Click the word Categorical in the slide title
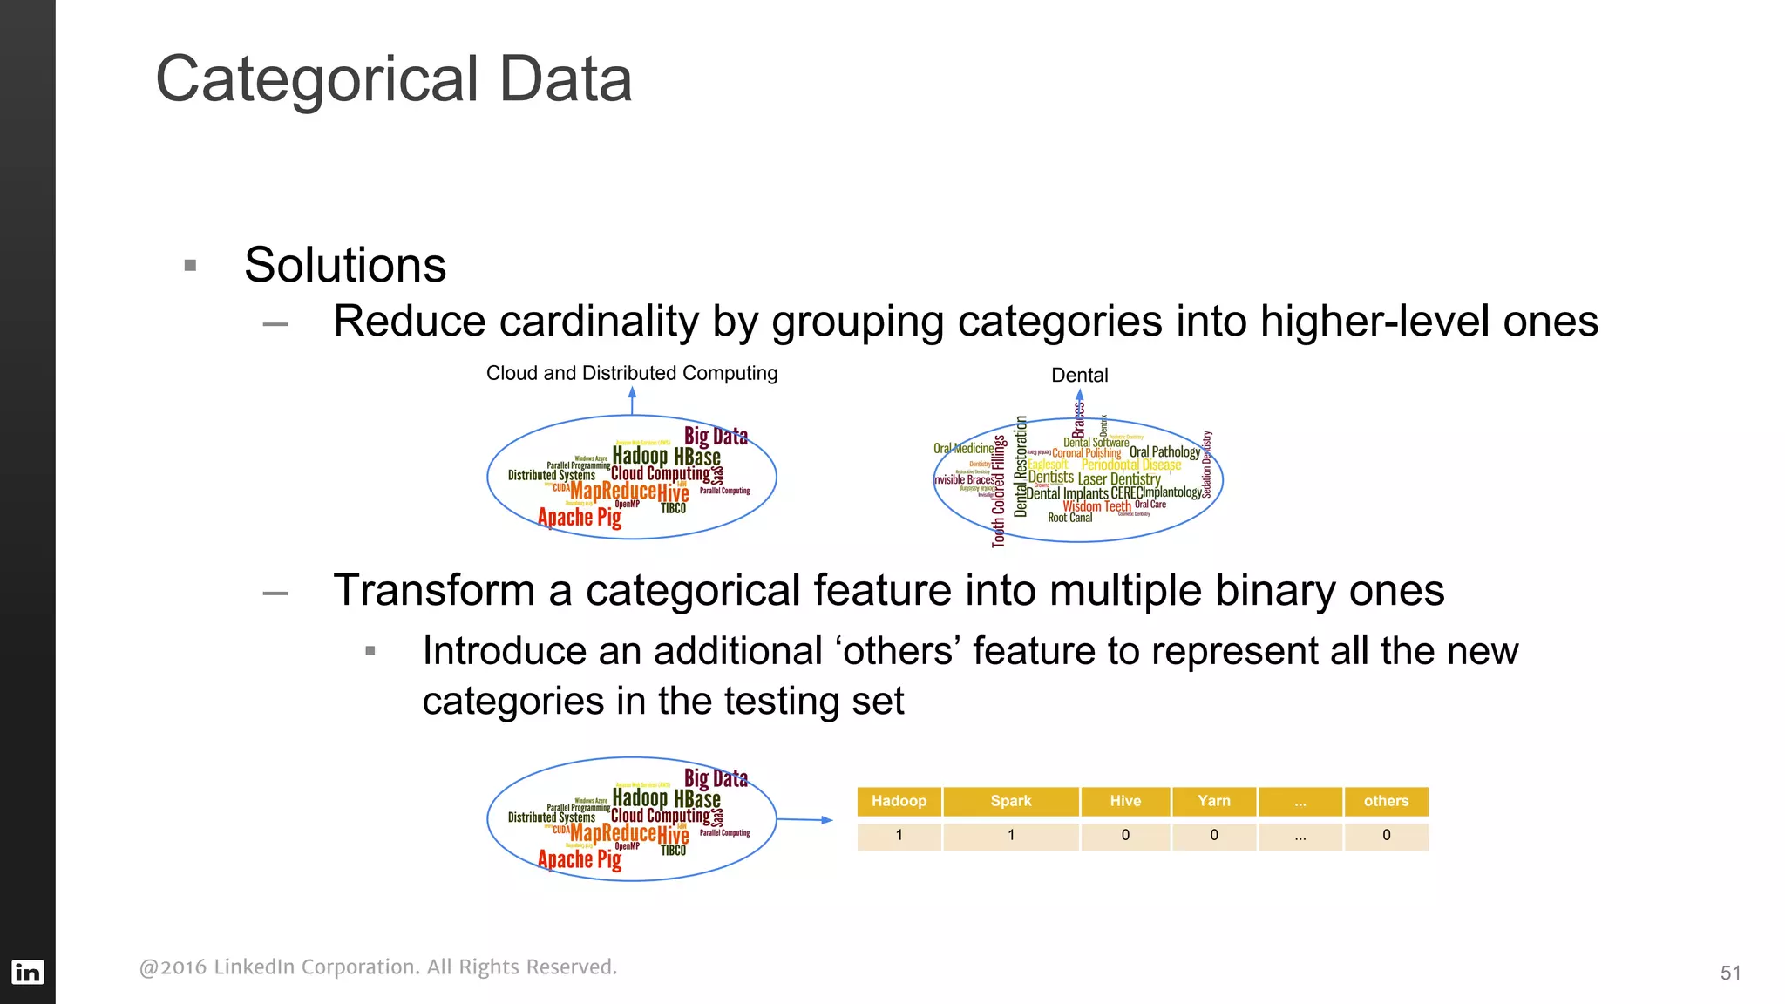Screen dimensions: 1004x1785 (316, 80)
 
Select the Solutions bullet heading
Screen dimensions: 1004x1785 (345, 265)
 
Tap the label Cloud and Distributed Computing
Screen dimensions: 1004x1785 (631, 373)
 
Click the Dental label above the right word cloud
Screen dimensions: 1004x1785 (1079, 376)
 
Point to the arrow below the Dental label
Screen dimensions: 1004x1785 (1079, 399)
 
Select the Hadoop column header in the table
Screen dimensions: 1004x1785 (899, 801)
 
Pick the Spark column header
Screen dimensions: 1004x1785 (1010, 801)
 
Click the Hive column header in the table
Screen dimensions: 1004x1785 (1125, 801)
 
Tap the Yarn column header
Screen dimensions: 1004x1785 (1213, 801)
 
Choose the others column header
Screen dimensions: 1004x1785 (1386, 801)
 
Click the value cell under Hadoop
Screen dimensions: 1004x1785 (899, 836)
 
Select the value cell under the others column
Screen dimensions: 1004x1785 (1386, 836)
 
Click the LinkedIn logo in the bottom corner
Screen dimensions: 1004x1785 (27, 972)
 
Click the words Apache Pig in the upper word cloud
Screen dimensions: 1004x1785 (579, 518)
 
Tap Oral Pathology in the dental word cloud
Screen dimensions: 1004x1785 (1164, 451)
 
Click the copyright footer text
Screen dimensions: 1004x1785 (377, 967)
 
